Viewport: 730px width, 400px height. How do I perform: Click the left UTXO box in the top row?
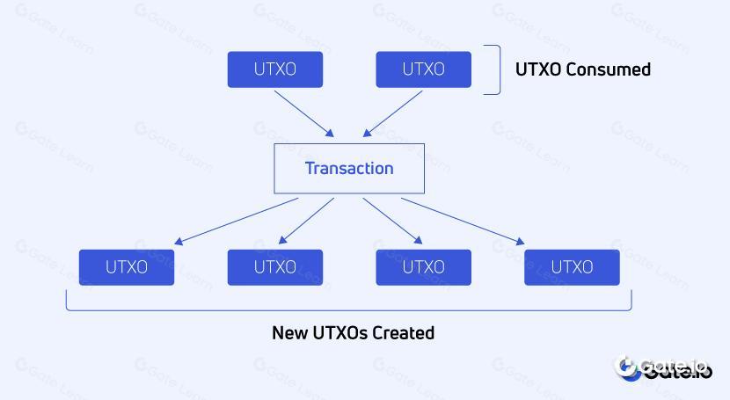click(275, 69)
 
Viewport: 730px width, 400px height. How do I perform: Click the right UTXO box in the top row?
click(423, 69)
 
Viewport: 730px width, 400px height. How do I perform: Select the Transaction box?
click(349, 169)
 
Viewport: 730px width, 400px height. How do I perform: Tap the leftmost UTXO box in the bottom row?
click(127, 267)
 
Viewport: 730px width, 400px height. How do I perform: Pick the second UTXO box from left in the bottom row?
click(275, 267)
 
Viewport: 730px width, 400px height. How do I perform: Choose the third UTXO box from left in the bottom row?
click(423, 267)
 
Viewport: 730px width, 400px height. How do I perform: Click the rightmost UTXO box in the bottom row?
click(572, 267)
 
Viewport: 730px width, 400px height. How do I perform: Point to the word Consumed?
click(609, 69)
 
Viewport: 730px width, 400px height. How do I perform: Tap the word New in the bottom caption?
click(288, 333)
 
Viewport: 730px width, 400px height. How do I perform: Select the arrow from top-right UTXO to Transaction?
click(393, 113)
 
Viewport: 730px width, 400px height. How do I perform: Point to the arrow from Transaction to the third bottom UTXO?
click(392, 221)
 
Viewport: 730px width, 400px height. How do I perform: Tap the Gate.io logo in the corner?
click(664, 368)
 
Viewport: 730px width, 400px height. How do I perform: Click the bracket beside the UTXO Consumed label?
click(498, 69)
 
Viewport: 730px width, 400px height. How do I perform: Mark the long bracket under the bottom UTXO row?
click(349, 309)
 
